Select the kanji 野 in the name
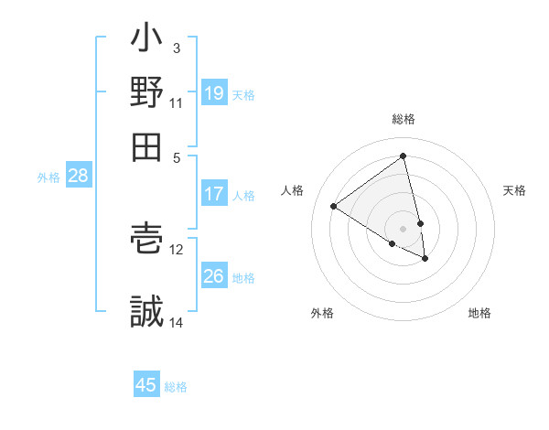coord(147,91)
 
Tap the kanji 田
coord(147,145)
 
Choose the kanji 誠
coord(147,311)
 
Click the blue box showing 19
coord(214,92)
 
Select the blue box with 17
coord(214,194)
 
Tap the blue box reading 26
coord(214,275)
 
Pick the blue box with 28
coord(78,177)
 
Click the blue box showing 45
coord(146,385)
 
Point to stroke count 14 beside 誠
coord(177,322)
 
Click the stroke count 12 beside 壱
coord(177,249)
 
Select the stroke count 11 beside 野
coord(177,102)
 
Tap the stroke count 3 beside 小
coord(177,48)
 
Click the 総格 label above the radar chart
coord(404,120)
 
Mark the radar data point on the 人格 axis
coord(334,207)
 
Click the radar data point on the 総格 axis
coord(404,156)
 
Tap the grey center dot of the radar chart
coord(404,229)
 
